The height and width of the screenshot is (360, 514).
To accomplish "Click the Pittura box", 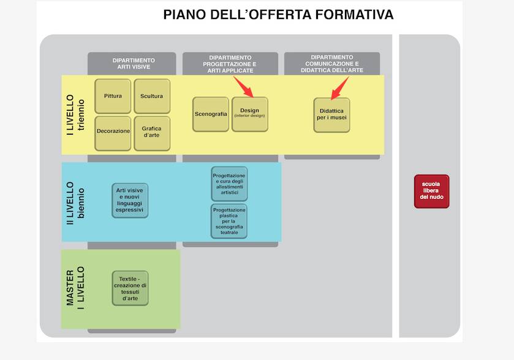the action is click(x=113, y=96).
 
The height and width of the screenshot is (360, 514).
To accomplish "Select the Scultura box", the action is click(x=152, y=96).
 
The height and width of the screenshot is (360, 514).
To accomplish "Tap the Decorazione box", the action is click(x=113, y=133).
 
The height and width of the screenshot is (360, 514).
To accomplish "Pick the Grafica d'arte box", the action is click(x=152, y=133).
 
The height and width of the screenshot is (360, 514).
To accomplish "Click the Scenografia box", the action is click(x=211, y=114).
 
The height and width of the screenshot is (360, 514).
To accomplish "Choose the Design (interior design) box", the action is click(x=250, y=114).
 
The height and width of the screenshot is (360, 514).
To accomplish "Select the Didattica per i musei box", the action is click(x=331, y=115).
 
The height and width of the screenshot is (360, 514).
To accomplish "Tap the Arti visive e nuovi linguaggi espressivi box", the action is click(x=130, y=200).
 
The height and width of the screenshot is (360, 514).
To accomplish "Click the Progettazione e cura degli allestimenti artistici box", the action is click(x=230, y=184).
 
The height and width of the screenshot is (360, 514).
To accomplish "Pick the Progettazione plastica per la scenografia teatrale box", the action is click(x=229, y=221).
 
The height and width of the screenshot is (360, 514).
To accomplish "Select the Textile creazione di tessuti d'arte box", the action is click(x=130, y=288).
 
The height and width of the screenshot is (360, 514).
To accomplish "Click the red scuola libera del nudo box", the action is click(x=432, y=191).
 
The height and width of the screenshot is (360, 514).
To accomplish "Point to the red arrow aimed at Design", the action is click(x=244, y=87).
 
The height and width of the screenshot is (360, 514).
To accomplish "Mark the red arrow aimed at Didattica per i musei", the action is click(x=340, y=88).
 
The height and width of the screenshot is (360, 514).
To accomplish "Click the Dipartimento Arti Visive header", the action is click(x=132, y=64).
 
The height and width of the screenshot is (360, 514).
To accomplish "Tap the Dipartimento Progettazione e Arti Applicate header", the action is click(x=230, y=64).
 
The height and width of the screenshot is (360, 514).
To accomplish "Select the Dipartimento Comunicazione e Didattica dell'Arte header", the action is click(x=332, y=64).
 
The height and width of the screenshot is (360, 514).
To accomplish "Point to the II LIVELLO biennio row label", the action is click(x=75, y=203).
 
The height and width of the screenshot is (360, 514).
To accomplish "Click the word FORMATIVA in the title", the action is click(x=354, y=15).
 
